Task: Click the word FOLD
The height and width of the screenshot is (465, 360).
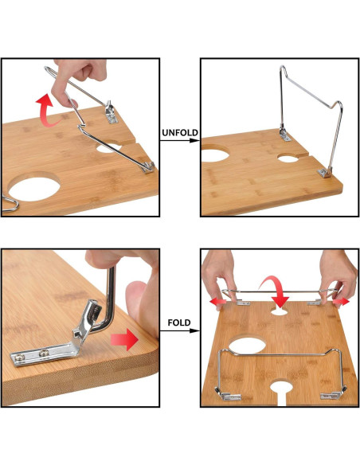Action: click(179, 324)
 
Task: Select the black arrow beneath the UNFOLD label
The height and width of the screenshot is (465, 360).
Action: click(179, 141)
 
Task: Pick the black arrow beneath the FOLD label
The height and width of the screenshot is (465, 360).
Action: click(179, 334)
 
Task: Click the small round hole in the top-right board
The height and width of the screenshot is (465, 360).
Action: click(288, 158)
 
